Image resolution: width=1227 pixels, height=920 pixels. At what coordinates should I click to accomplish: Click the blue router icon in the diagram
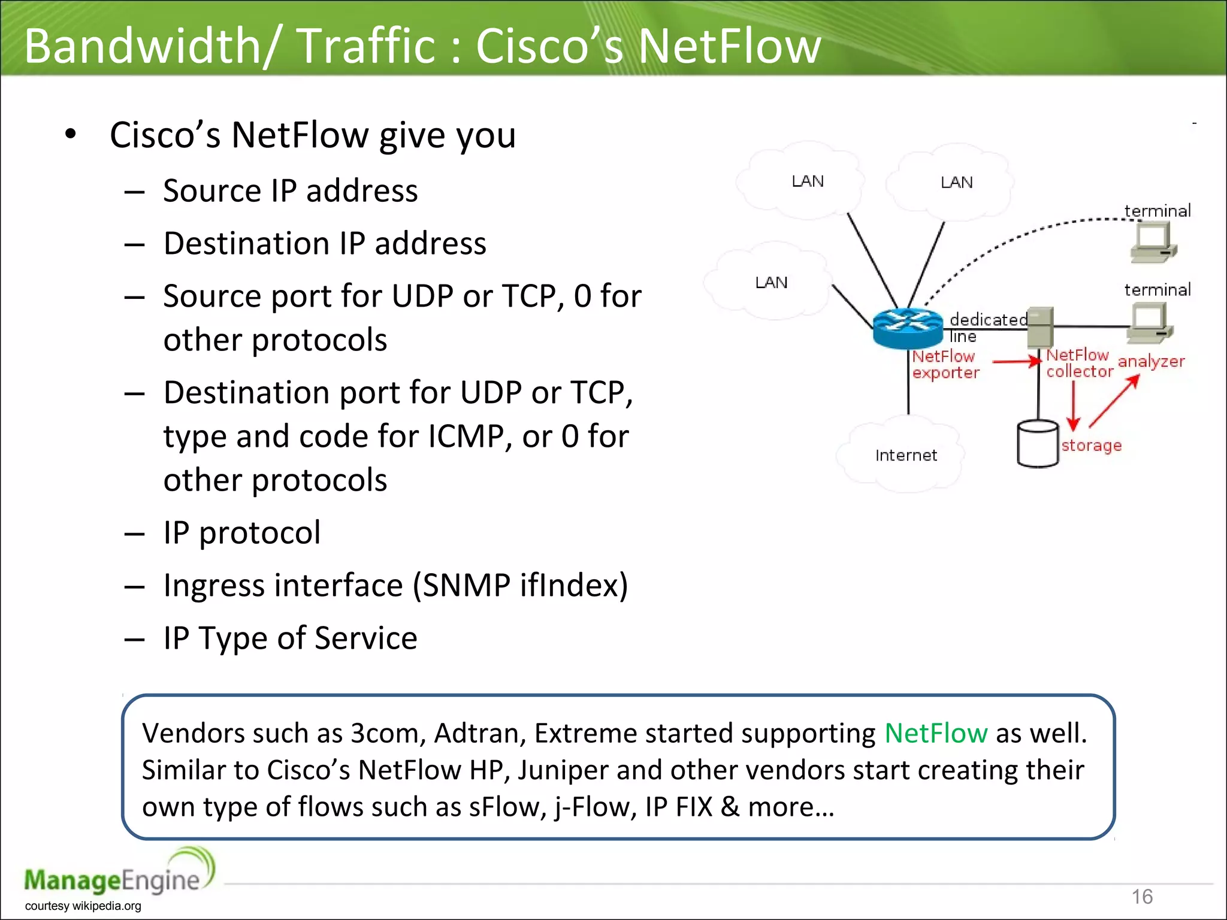[907, 328]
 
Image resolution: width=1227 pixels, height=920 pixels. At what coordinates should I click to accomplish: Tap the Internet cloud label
[905, 455]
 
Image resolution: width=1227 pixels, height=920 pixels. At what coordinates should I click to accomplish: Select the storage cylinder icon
[1037, 444]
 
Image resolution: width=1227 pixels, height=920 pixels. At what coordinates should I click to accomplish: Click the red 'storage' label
[1091, 446]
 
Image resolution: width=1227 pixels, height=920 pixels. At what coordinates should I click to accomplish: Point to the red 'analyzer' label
[1151, 361]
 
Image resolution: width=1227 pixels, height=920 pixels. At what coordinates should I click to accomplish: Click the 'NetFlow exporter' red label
[945, 364]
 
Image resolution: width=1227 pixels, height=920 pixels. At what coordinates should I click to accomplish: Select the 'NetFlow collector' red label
[1079, 363]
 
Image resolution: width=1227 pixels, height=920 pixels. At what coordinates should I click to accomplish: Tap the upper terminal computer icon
[1153, 243]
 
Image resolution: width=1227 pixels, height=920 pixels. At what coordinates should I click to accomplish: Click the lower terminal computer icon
[1149, 322]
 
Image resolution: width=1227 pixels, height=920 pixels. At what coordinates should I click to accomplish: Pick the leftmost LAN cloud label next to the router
[771, 282]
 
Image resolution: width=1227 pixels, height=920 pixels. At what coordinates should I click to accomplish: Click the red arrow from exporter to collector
[1016, 361]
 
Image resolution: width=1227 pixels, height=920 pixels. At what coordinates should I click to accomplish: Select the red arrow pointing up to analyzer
[1114, 401]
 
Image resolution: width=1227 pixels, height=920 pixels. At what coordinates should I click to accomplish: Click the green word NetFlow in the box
[935, 733]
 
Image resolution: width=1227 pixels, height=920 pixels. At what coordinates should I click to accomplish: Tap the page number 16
[1142, 897]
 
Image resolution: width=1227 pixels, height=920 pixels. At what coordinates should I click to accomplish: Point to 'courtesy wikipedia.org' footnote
[83, 906]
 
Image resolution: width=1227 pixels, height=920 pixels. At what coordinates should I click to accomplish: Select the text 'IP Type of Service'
[290, 638]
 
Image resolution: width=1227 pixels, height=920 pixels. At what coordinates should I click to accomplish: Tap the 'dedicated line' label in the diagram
[987, 326]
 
